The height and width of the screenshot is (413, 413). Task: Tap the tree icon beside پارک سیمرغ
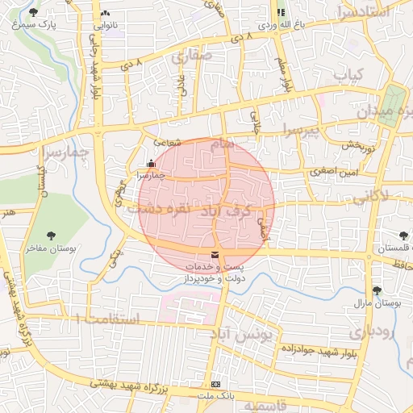[x=33, y=12]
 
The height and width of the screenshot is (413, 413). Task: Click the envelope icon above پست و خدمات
[x=214, y=256]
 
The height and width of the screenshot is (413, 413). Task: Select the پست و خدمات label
[x=214, y=266]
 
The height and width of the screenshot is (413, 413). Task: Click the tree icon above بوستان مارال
[x=377, y=290]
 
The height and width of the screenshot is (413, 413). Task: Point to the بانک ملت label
[x=215, y=396]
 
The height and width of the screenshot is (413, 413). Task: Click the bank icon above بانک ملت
[x=215, y=385]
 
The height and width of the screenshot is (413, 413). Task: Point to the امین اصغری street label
[x=332, y=171]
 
